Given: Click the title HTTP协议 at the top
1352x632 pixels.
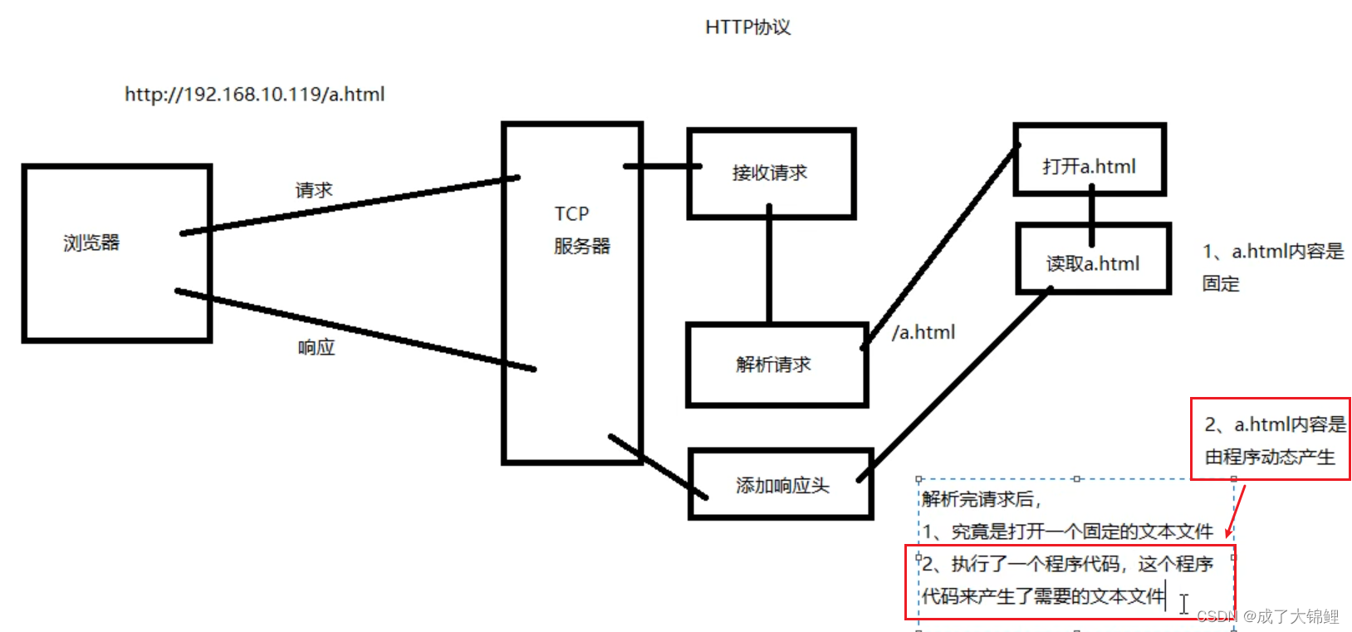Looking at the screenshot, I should (x=747, y=27).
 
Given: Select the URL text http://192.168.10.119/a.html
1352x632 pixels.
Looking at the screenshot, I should (x=254, y=95).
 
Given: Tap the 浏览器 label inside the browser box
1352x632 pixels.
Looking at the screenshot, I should (x=91, y=243).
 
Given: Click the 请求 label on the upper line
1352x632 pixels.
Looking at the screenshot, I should (x=313, y=190).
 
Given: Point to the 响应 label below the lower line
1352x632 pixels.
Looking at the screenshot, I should (x=316, y=347).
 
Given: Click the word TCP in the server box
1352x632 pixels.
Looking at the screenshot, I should (x=571, y=214).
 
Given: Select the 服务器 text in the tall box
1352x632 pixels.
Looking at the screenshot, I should (x=581, y=247).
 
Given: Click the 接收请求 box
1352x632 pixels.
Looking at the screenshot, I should (x=770, y=174).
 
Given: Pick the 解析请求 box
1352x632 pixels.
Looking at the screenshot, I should (x=773, y=365).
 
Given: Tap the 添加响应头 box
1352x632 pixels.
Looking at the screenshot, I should (x=781, y=486).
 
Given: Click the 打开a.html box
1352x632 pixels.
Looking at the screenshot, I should (x=1089, y=166).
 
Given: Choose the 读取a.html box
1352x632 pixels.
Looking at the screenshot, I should (x=1092, y=264).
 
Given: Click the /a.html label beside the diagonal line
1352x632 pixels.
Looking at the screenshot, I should (x=923, y=332).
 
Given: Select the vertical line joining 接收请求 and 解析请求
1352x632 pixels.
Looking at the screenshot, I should (x=769, y=270).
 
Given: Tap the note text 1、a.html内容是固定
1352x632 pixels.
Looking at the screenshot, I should (x=1271, y=266).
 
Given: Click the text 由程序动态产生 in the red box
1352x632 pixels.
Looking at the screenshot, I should (x=1269, y=458).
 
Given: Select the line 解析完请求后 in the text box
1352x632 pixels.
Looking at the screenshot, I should (x=980, y=499).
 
